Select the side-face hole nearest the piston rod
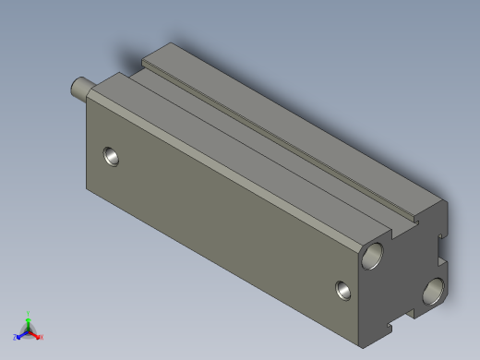(x=112, y=155)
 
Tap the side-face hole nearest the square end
(x=343, y=290)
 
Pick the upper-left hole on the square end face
(x=375, y=255)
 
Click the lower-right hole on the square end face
(x=433, y=294)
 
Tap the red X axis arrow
(x=36, y=334)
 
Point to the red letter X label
(x=42, y=337)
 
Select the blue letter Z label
(x=15, y=337)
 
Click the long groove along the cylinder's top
(x=277, y=148)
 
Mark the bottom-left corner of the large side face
(x=88, y=192)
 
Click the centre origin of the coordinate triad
(x=29, y=330)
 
